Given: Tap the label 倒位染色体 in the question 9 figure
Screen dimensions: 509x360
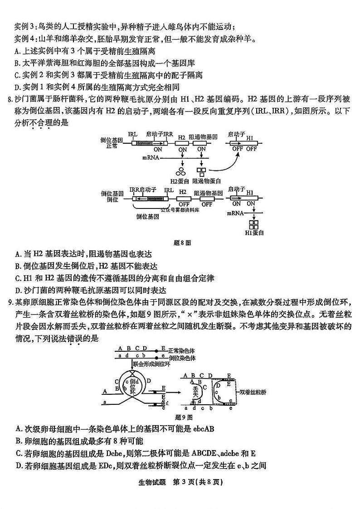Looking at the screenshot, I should point(181,358).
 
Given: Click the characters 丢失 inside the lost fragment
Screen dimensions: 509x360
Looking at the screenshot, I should point(196,391).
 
